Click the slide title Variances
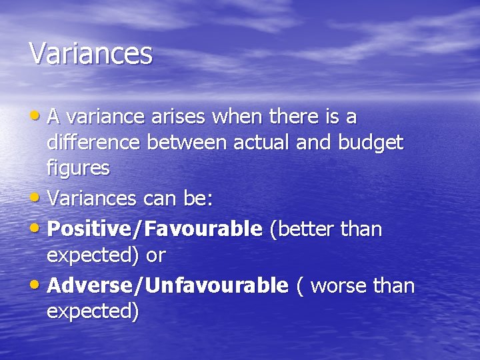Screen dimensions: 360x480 click(x=91, y=53)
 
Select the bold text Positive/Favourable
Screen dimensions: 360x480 click(x=155, y=229)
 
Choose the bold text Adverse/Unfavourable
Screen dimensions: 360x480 click(x=168, y=286)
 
